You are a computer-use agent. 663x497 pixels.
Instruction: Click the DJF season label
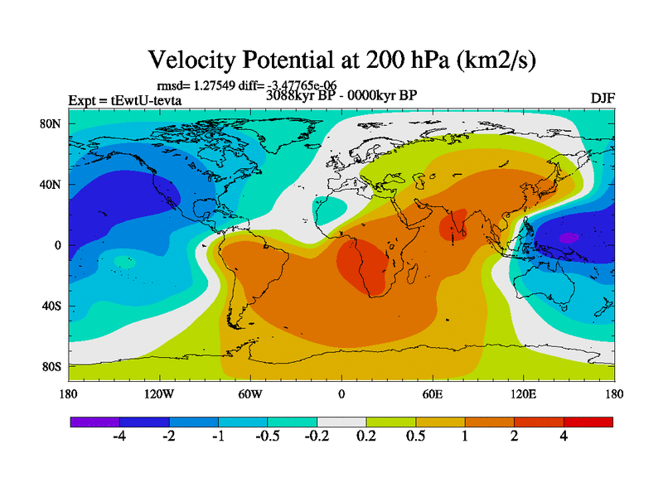[x=603, y=99]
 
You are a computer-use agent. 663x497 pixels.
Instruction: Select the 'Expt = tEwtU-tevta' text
[x=124, y=101]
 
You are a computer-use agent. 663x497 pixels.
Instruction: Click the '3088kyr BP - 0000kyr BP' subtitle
[x=341, y=94]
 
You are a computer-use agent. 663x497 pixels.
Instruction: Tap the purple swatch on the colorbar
[x=95, y=422]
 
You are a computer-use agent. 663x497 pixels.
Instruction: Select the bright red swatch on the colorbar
[x=588, y=422]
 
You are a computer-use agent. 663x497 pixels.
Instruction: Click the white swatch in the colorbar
[x=341, y=422]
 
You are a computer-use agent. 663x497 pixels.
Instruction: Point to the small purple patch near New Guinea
[x=568, y=238]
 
